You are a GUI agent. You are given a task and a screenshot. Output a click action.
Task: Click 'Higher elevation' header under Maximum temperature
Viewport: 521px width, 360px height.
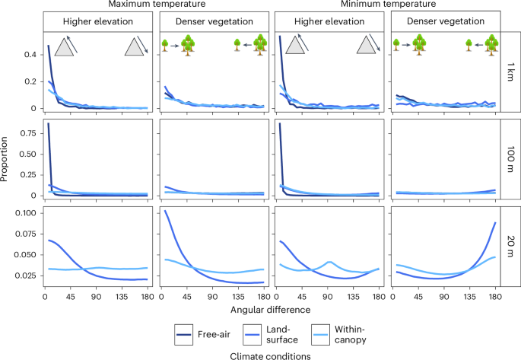point(98,21)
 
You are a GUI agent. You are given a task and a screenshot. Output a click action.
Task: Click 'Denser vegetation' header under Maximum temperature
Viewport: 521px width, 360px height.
point(214,21)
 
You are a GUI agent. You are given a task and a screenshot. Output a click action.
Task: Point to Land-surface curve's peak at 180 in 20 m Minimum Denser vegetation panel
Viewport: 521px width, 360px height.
point(495,223)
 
